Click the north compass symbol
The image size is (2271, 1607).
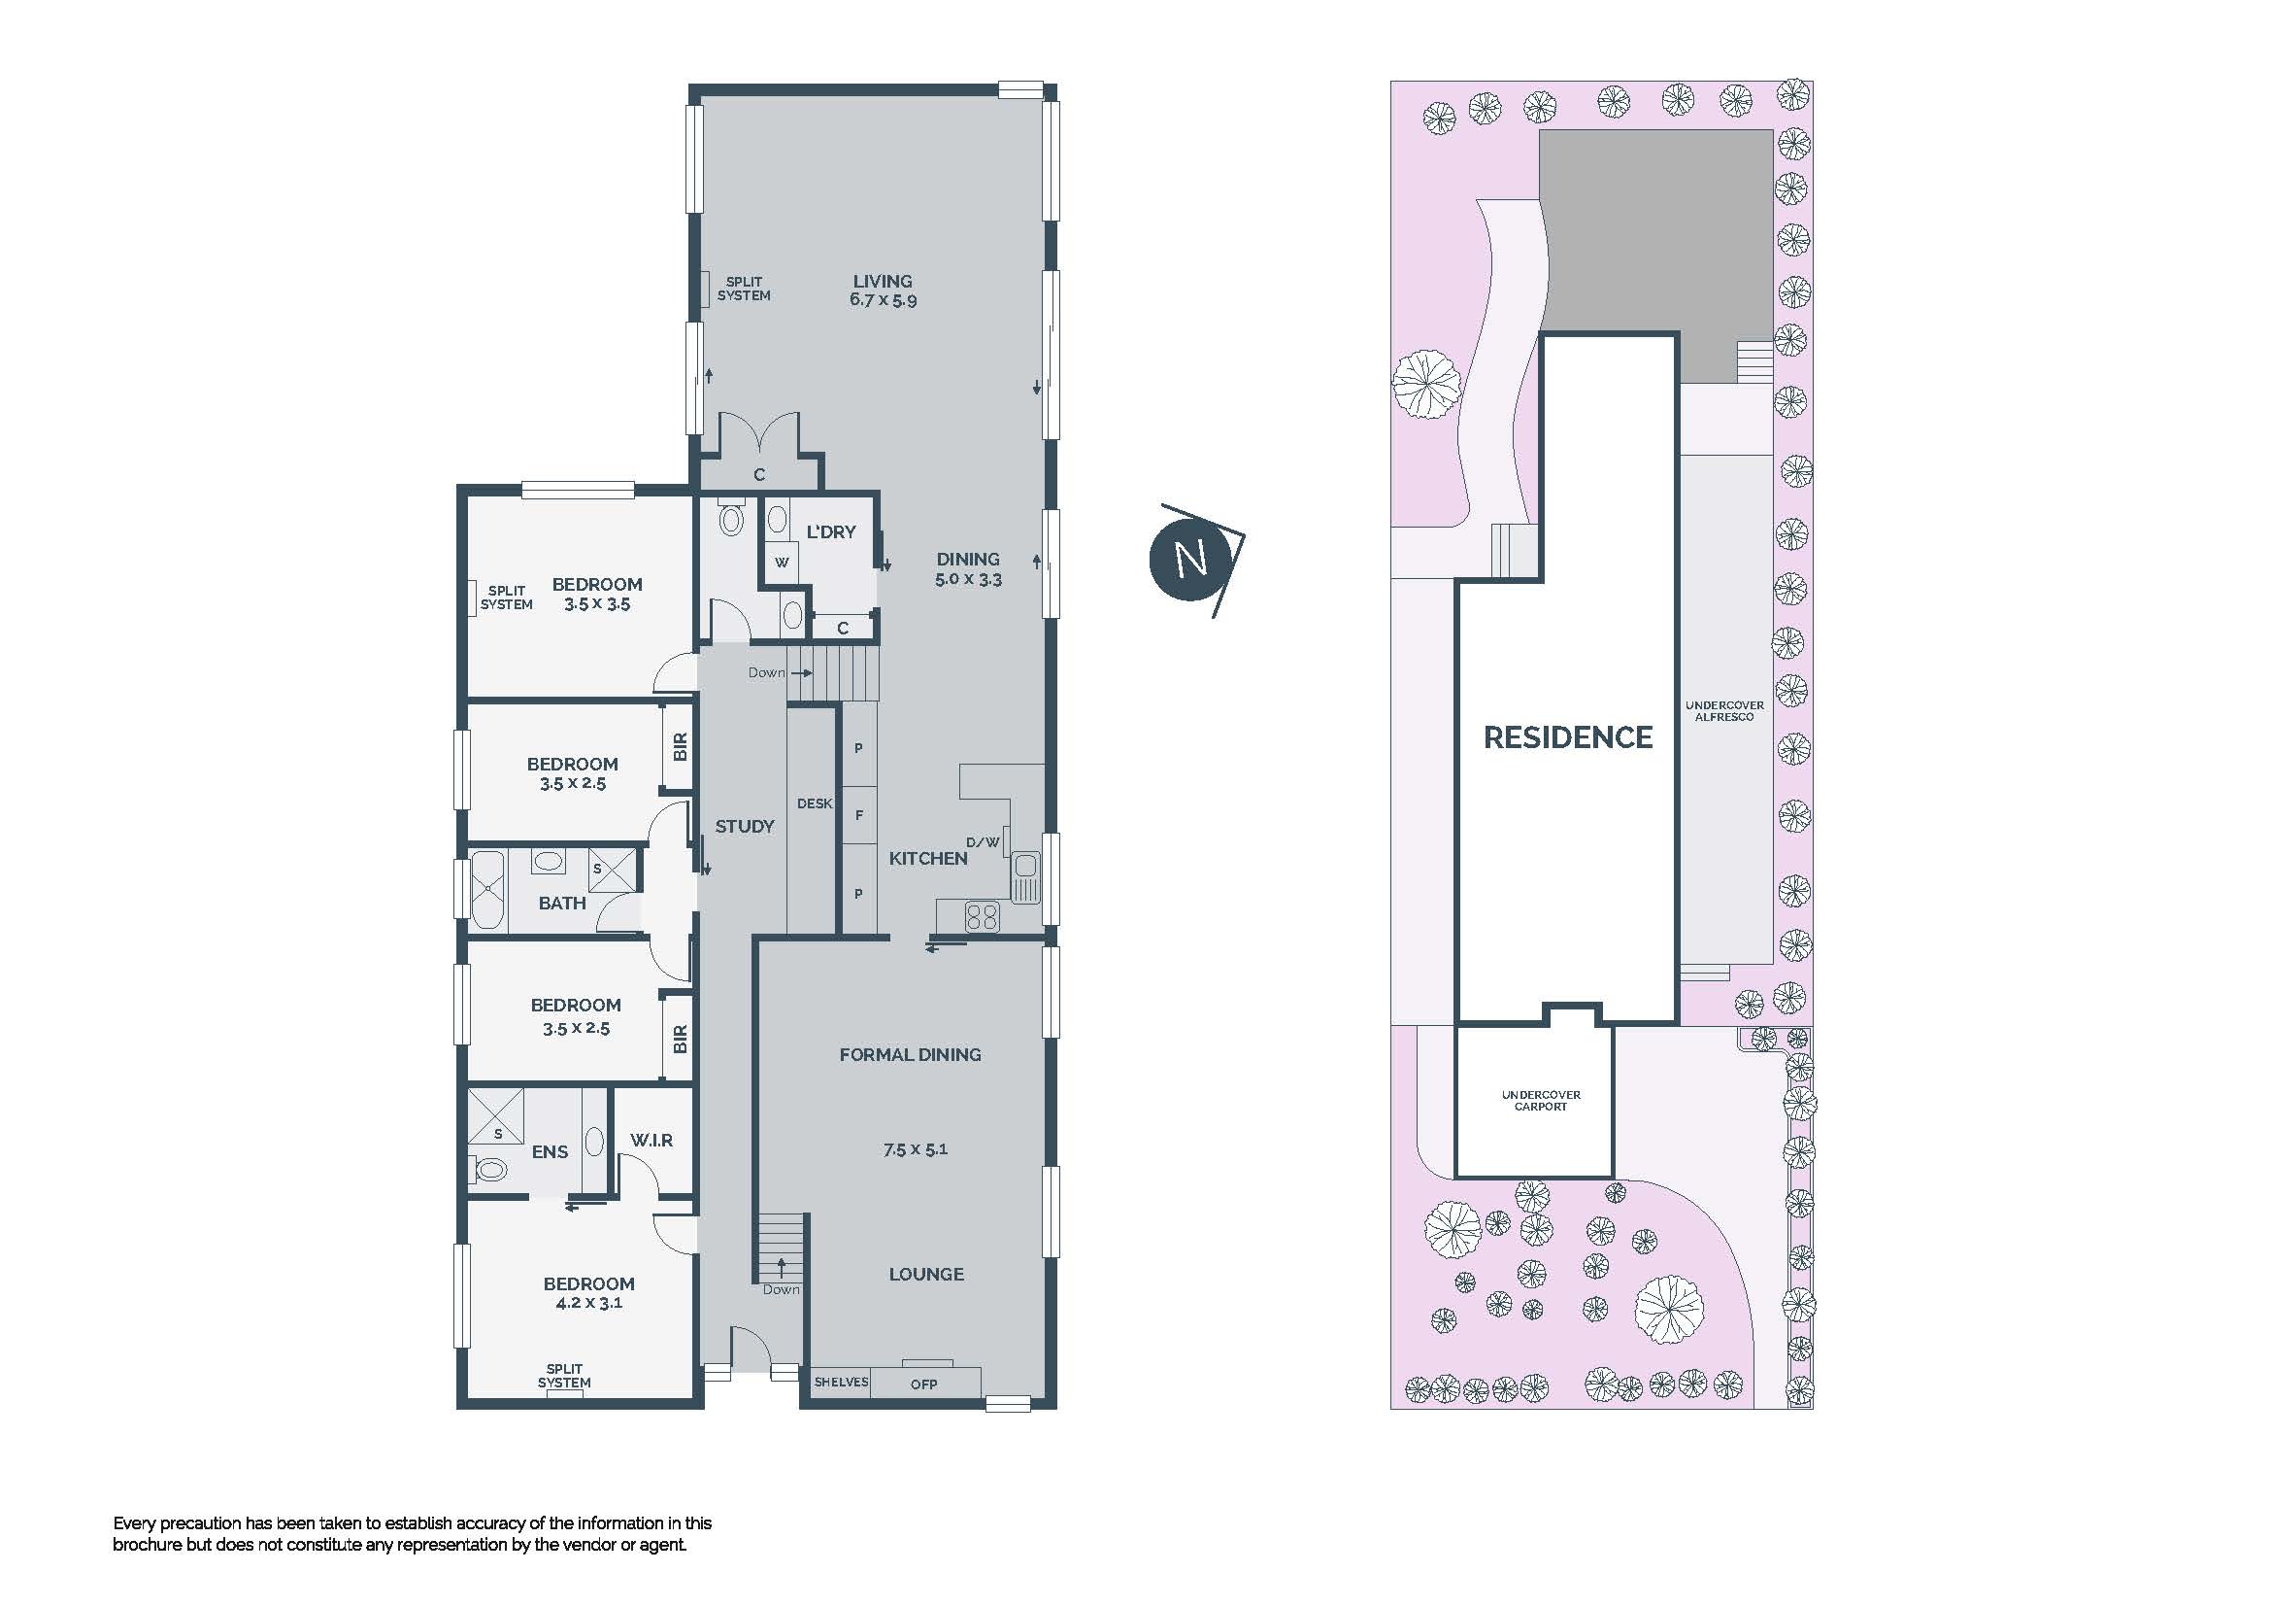[1195, 559]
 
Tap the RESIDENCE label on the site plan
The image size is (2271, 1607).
[1568, 737]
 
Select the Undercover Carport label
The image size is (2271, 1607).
[1541, 1101]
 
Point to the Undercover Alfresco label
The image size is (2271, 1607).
[1724, 710]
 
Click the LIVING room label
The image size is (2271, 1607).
[883, 281]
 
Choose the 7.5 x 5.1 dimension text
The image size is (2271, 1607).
[915, 1148]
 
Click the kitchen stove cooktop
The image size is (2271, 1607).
[982, 916]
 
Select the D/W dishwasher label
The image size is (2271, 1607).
[983, 842]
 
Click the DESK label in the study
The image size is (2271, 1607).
[814, 803]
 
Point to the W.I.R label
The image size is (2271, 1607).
[651, 1140]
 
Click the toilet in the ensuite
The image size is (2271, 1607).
[488, 1170]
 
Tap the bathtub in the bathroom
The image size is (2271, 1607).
[486, 889]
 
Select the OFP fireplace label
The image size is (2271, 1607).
[923, 1384]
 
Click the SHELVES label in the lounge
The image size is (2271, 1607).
[841, 1382]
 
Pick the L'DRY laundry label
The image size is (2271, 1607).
[831, 531]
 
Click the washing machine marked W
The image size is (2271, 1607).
[782, 562]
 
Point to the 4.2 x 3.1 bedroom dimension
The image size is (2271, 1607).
[588, 1302]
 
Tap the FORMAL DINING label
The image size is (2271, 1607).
[910, 1055]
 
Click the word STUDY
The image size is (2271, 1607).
[745, 826]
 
